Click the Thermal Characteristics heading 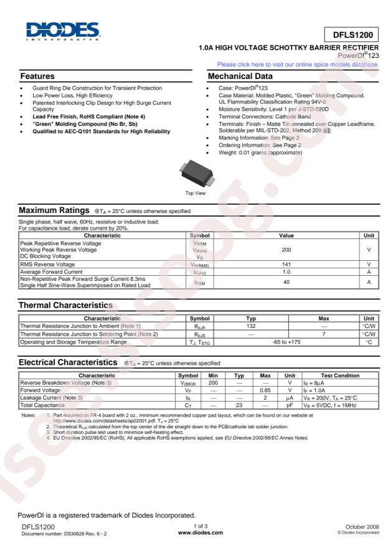pyautogui.click(x=59, y=306)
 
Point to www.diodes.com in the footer pyautogui.click(x=193, y=534)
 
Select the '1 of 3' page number pyautogui.click(x=193, y=527)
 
